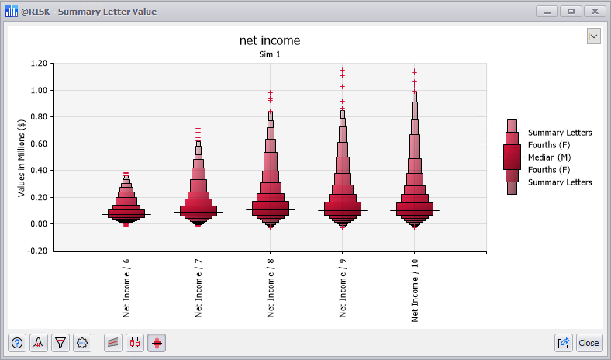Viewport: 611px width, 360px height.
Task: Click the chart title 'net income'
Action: click(x=270, y=40)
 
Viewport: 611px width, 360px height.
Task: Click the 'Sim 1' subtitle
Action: click(x=270, y=55)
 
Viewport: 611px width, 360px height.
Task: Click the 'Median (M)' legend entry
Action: click(x=549, y=157)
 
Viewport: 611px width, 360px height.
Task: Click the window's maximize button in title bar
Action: click(x=571, y=11)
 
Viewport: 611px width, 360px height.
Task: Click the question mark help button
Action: click(x=17, y=342)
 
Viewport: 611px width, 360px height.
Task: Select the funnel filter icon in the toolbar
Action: click(x=60, y=342)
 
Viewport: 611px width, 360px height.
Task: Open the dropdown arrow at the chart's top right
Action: click(x=594, y=36)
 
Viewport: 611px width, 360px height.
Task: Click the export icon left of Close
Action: click(x=564, y=342)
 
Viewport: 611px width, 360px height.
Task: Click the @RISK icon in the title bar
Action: click(x=12, y=12)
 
